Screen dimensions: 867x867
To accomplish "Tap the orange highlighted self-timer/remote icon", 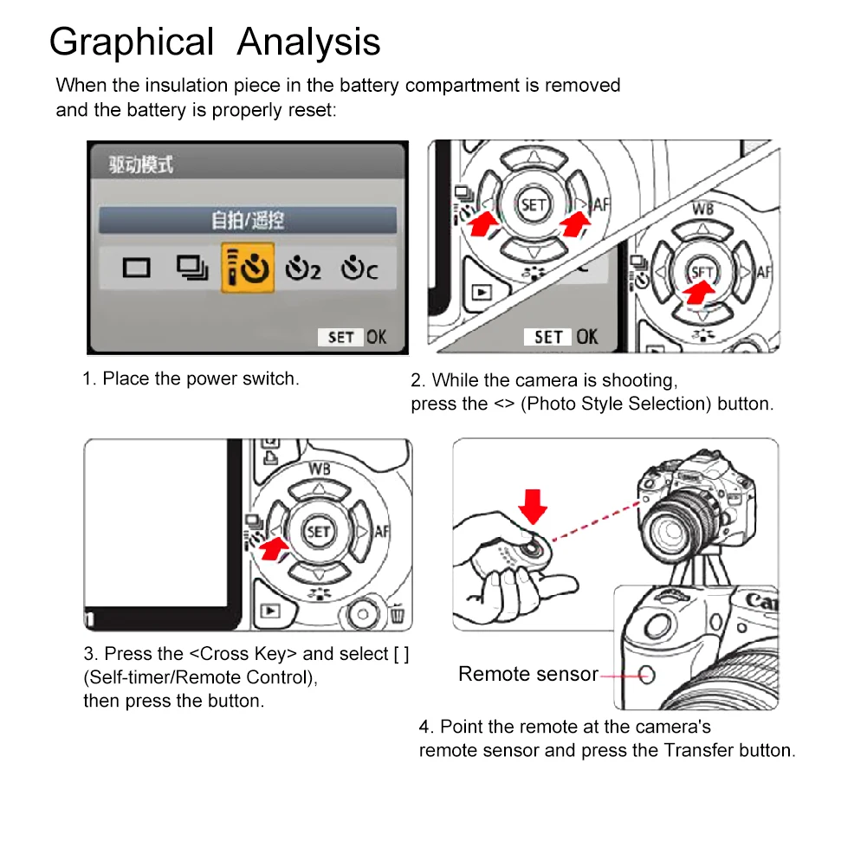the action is (x=248, y=268).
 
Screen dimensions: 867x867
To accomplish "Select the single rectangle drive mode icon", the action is (x=136, y=269).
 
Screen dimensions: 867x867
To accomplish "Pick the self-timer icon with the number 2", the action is (x=302, y=269).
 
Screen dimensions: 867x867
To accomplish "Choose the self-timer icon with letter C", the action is (x=359, y=269).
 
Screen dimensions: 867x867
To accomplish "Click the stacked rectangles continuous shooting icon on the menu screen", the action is (x=192, y=269).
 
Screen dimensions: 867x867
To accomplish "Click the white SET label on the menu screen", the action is (x=340, y=337).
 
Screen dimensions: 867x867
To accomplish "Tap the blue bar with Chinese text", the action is (x=248, y=220).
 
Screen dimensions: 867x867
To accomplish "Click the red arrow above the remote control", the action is (x=533, y=506).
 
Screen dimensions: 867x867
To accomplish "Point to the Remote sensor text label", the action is (x=528, y=674).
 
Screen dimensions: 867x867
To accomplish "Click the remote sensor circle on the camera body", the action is (x=646, y=675).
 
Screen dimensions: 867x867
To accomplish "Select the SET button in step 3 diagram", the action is (x=319, y=532).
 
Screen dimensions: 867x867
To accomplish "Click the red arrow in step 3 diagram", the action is (x=274, y=549).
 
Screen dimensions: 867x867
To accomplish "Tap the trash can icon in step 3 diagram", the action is (x=397, y=614).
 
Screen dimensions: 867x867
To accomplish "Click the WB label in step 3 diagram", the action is (x=320, y=469).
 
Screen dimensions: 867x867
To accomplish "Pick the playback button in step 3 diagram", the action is (x=270, y=611).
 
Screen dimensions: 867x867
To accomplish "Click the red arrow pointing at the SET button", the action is (x=699, y=291).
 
